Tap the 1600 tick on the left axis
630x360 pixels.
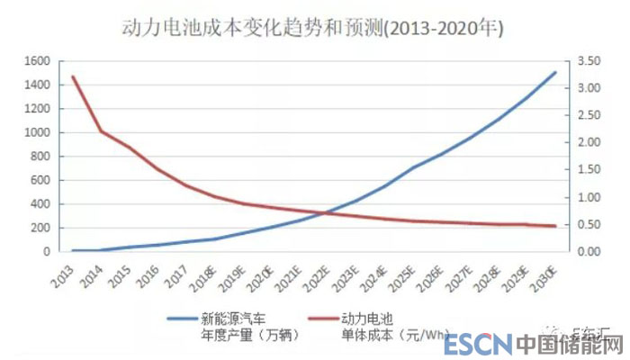[35, 61]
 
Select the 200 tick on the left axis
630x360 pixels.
[39, 228]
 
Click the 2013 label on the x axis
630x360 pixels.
[62, 270]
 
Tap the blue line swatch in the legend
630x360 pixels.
[187, 318]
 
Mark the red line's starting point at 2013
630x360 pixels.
[72, 77]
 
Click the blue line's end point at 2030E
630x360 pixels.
[554, 72]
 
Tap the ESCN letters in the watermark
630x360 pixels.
[478, 344]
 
